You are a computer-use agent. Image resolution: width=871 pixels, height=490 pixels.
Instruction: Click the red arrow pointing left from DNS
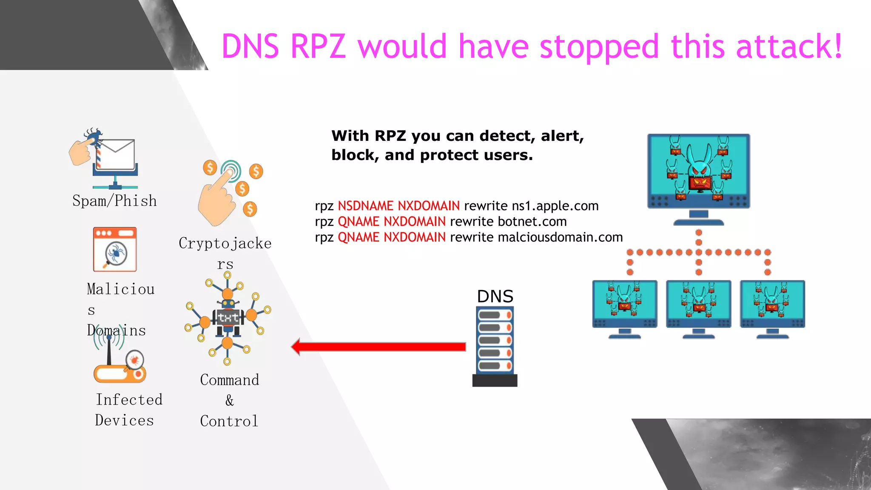(x=379, y=347)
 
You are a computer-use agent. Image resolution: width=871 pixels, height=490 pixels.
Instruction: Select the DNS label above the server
(x=495, y=296)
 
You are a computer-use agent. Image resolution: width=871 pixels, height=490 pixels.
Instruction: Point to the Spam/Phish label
(x=114, y=200)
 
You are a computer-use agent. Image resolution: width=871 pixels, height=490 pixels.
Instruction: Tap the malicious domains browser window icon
(x=115, y=249)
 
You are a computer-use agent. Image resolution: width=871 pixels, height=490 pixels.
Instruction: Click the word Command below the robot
(x=229, y=379)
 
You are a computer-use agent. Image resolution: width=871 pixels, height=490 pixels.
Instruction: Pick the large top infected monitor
(x=698, y=172)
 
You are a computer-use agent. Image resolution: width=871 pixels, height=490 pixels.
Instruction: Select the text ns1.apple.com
(x=555, y=206)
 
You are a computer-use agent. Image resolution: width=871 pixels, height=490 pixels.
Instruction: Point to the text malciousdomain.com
(x=560, y=237)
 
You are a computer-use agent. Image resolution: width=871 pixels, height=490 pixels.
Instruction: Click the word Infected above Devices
(x=129, y=399)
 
